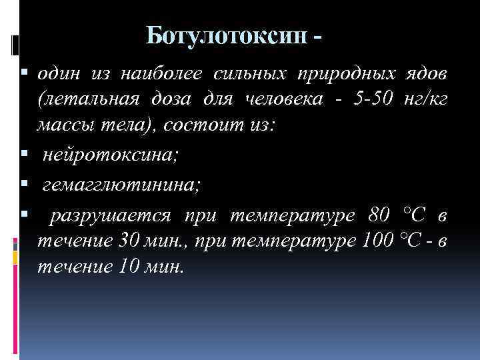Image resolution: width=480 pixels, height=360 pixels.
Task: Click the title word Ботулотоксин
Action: [227, 35]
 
